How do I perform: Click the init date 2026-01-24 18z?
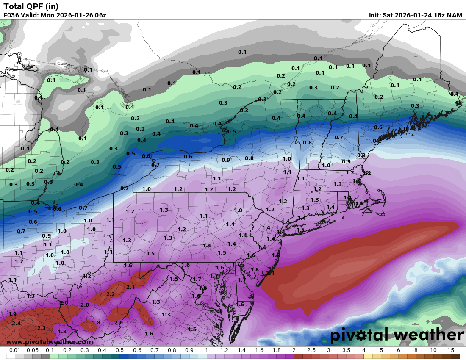tap(413, 15)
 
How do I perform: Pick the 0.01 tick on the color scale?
tap(15, 350)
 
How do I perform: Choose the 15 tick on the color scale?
tap(450, 350)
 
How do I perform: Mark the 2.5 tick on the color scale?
tap(311, 350)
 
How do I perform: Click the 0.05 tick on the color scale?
tap(33, 350)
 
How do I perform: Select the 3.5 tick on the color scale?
tap(346, 350)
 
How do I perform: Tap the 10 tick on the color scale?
tap(433, 350)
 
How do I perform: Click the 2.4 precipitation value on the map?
tap(16, 324)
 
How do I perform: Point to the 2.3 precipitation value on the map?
tap(42, 328)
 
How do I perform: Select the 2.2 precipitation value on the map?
tap(111, 294)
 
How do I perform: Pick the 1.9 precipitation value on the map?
tap(12, 314)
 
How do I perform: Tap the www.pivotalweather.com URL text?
tap(50, 342)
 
